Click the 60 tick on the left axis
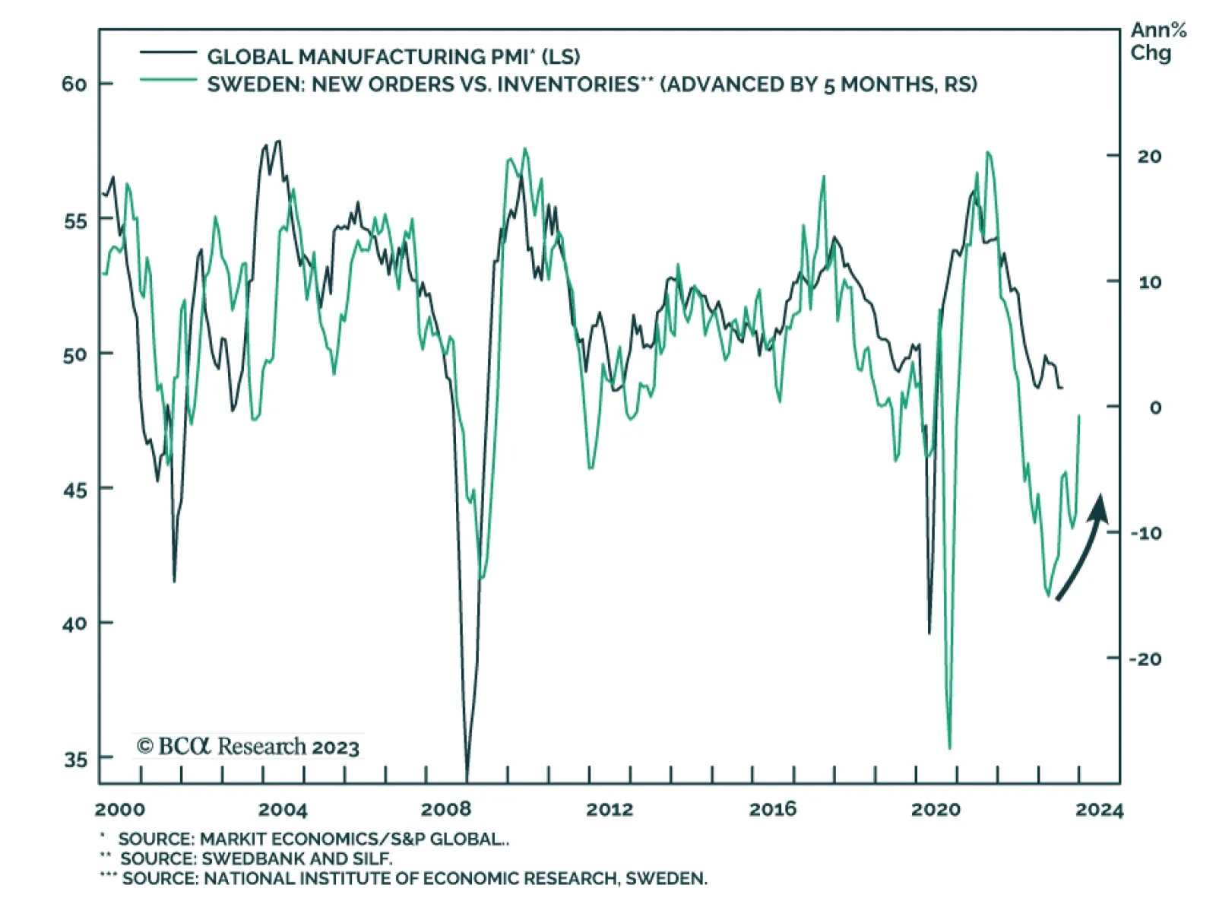(x=74, y=84)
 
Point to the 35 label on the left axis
(x=75, y=759)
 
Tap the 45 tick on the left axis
(x=75, y=489)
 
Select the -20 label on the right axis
(x=1145, y=659)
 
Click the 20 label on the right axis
(x=1149, y=157)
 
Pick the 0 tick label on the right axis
(x=1155, y=408)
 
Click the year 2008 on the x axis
(x=446, y=809)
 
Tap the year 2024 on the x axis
(x=1099, y=810)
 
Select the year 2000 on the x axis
(x=120, y=809)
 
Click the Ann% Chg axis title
(x=1157, y=42)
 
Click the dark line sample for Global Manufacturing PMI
(x=168, y=52)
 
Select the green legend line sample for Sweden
(x=168, y=79)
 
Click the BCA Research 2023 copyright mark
(x=248, y=746)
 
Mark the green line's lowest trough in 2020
(x=949, y=747)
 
